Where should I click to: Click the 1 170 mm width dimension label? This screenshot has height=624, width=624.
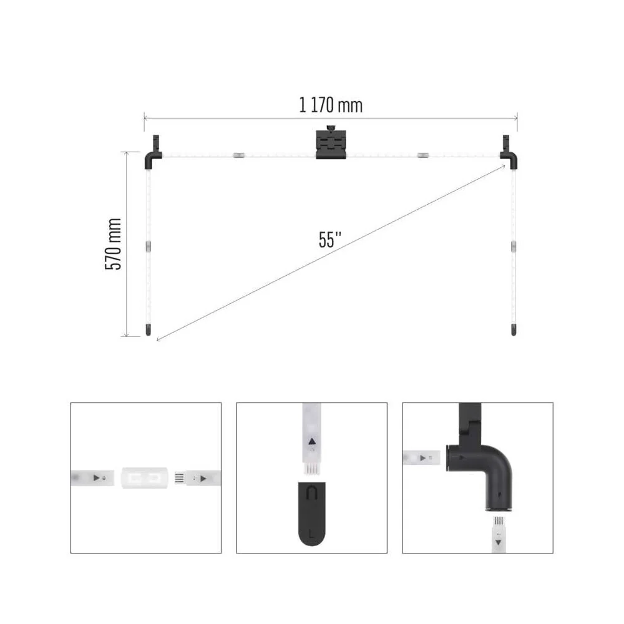331,105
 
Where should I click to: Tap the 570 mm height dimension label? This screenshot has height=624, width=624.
114,244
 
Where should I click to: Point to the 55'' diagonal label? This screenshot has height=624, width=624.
330,240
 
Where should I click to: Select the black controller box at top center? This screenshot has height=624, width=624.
331,144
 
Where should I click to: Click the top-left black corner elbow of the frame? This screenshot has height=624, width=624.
152,156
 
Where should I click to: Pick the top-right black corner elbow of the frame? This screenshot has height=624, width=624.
509,156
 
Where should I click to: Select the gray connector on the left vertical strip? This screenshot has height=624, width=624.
149,246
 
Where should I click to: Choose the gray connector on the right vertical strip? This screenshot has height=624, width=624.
514,246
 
